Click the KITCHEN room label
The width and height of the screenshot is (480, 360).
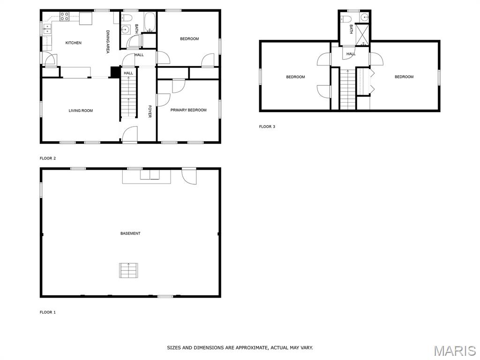coord(74,43)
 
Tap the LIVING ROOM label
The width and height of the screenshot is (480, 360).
coord(81,111)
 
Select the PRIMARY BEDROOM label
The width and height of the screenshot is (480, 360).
coord(188,110)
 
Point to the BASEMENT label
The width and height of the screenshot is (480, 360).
coord(130,233)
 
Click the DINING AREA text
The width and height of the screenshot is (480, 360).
coord(108,42)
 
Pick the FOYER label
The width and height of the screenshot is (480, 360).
coord(150,112)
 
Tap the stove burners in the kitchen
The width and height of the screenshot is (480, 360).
coord(64,16)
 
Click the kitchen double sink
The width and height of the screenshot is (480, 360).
coord(47,29)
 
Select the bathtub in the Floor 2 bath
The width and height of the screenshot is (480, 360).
coord(150,22)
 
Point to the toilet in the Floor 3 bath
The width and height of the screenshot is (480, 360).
coord(345,19)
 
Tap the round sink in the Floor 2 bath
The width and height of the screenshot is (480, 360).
coord(125,30)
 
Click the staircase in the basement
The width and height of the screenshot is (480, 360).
coord(128,270)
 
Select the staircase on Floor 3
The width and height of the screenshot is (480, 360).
coord(347,89)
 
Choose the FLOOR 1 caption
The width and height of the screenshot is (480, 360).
coord(48,312)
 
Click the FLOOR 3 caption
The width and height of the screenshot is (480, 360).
coord(267,127)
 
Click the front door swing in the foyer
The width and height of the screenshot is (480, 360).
coord(130,134)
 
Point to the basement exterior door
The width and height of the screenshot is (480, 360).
coord(189,176)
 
